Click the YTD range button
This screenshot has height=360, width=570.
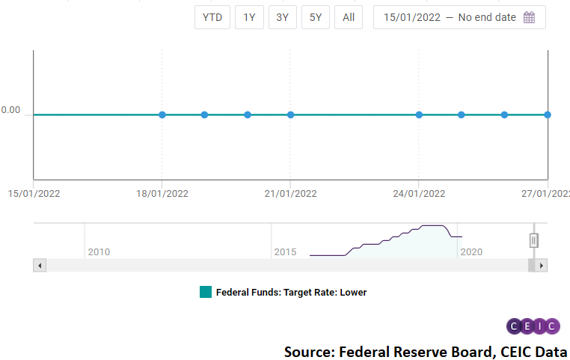212,17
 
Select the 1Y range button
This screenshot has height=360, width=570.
249,17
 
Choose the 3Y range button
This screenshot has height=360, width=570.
282,17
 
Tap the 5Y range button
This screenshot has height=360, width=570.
316,17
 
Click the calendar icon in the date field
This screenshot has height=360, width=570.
529,17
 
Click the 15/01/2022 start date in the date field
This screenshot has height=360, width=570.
411,17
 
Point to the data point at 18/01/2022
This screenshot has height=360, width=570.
162,115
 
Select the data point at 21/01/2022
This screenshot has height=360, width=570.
290,115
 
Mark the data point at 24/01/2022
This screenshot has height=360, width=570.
419,115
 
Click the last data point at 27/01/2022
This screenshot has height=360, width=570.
548,115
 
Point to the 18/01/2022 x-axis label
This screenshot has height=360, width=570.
162,193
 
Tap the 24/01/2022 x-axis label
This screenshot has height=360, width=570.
419,193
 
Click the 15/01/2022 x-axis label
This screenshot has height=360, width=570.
34,193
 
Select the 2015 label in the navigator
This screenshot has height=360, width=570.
285,251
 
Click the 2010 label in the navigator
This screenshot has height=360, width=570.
99,251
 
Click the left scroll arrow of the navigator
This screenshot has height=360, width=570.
40,265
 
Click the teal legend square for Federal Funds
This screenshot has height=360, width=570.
206,292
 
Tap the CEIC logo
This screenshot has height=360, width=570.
533,326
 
